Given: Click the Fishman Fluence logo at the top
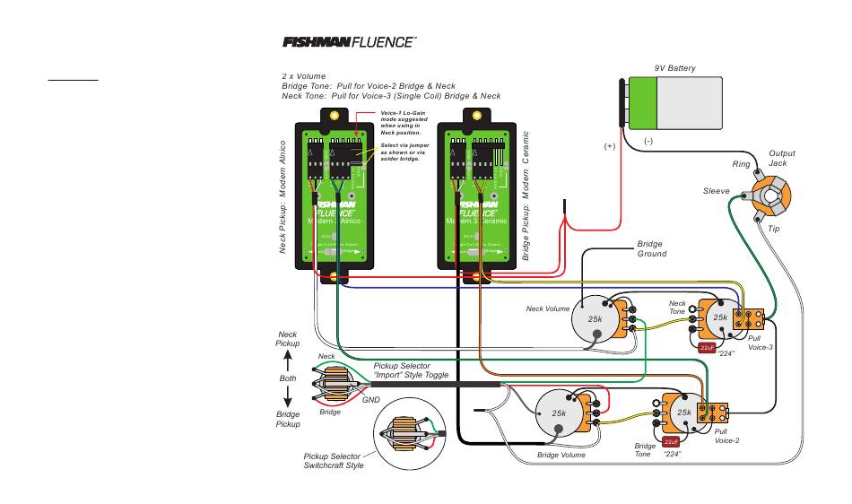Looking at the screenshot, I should [351, 41].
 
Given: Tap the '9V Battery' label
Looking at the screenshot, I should [674, 69].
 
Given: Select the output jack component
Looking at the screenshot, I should [770, 197].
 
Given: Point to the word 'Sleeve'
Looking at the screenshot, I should [716, 191].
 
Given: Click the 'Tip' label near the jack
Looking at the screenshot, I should [774, 229].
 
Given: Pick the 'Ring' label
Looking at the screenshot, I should [741, 164].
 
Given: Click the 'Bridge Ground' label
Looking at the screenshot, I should [651, 249].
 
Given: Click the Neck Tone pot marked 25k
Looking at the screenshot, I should [720, 317].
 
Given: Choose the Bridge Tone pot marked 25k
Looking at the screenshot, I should [684, 412].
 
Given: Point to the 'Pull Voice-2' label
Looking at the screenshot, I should [726, 436].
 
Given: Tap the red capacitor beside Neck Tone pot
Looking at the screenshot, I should [706, 347].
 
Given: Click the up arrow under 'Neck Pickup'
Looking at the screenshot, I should [287, 361].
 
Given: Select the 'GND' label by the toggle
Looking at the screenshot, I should [371, 399].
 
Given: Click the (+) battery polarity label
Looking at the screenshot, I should [611, 146].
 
